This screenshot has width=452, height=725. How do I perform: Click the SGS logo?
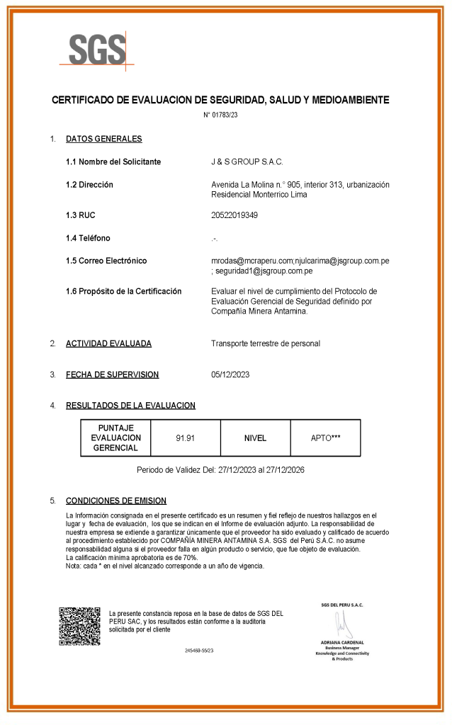96,50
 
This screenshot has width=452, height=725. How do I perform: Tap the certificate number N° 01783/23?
220,115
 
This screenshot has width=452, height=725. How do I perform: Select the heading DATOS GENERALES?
103,139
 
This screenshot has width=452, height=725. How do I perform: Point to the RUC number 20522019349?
235,215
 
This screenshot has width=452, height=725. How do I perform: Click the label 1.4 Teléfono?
88,238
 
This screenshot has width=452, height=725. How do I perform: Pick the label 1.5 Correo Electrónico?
106,261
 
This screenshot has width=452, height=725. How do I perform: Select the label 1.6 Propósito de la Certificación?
123,291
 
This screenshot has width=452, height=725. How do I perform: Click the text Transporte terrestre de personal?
266,343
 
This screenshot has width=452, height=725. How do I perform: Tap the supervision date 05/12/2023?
230,375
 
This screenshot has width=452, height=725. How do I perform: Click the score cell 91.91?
186,438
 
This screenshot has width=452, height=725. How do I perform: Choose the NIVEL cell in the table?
255,438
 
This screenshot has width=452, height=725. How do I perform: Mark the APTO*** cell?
325,438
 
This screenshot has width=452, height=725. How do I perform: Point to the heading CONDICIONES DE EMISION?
115,500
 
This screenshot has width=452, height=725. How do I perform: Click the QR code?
79,625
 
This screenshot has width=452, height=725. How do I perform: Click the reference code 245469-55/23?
199,650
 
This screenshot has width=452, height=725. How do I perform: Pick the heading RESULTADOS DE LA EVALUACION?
130,406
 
